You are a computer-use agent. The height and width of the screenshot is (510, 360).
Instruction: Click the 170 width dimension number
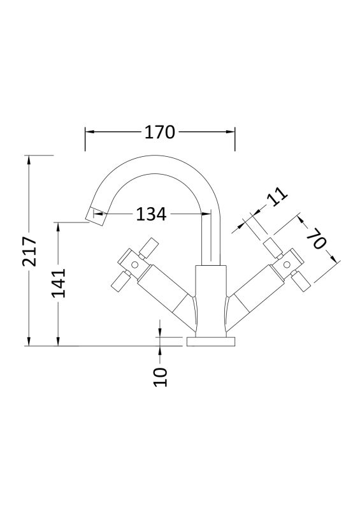pos(160,133)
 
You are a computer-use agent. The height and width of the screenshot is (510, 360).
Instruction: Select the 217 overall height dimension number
pos(29,251)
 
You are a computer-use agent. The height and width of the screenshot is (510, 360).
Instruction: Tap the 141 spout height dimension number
pos(59,283)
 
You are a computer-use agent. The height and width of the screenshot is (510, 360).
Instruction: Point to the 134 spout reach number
pos(151,214)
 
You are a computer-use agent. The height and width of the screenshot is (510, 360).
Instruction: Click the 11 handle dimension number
pos(277,196)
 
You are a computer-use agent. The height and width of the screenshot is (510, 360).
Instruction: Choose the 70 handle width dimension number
pos(315,238)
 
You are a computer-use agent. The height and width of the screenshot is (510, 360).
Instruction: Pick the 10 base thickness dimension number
pos(161,377)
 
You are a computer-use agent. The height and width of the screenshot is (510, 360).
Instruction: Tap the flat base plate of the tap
pos(211,342)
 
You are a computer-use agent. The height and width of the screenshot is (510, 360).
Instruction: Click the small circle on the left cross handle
pos(134,264)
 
